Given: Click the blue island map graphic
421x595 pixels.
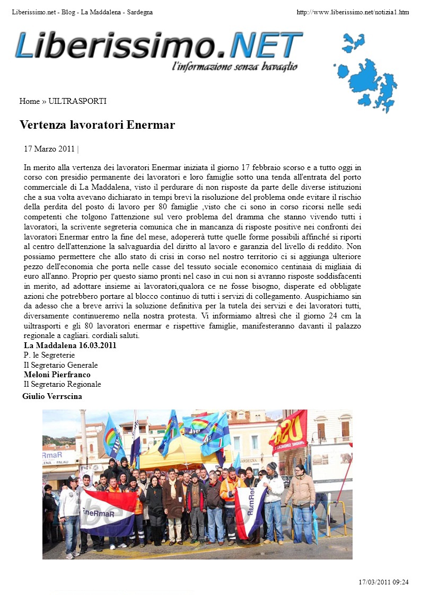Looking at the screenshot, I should [366, 72].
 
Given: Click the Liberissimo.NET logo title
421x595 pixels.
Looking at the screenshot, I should [159, 46].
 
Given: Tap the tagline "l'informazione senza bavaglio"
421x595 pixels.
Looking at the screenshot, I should [235, 67].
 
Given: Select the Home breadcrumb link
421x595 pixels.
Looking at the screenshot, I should [29, 101].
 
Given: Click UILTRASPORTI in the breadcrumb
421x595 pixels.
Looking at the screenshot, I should [77, 101].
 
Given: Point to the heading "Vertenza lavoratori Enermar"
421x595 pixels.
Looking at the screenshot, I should [97, 125].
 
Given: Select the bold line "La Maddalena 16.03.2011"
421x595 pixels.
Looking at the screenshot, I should [70, 345].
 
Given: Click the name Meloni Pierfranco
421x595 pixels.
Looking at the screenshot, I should [57, 375].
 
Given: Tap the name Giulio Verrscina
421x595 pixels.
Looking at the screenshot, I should [52, 396].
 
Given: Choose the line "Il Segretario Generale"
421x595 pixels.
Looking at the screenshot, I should [60, 365].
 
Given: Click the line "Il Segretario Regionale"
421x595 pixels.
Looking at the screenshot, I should [62, 384].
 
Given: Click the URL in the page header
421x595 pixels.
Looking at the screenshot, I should [353, 12].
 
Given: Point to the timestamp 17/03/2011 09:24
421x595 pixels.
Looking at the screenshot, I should [383, 582].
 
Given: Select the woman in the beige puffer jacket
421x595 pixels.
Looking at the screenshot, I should [301, 498].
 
